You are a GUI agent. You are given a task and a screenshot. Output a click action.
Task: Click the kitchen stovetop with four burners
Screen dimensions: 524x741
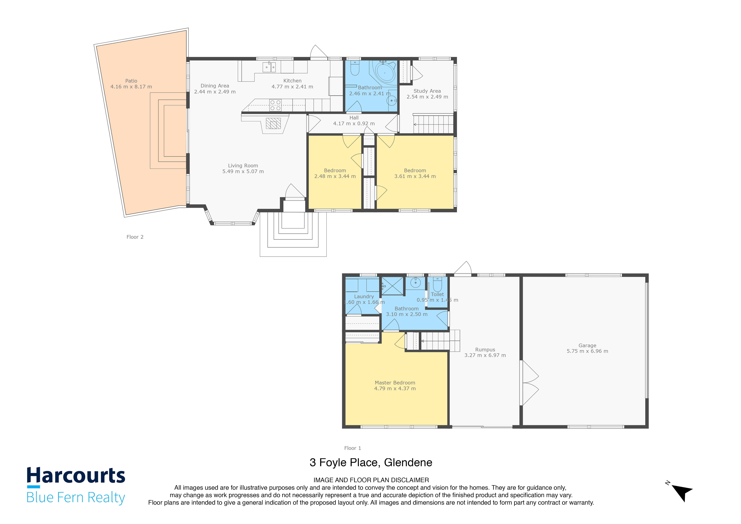275,105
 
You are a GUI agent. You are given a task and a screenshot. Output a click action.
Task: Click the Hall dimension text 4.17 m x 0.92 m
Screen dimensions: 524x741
354,124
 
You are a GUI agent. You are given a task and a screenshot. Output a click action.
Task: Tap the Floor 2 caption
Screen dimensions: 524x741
135,237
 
